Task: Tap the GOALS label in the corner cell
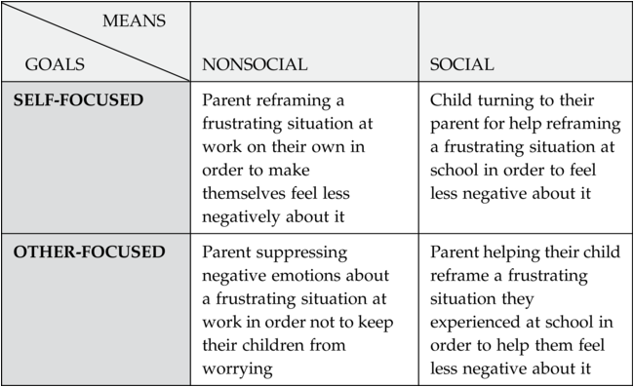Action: click(55, 64)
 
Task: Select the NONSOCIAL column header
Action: click(255, 64)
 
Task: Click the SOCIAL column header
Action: click(461, 64)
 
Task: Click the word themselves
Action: click(247, 193)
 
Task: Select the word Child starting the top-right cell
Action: click(451, 100)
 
